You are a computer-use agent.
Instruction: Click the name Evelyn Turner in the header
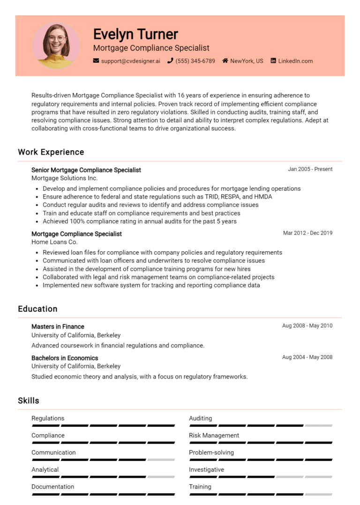pyautogui.click(x=135, y=34)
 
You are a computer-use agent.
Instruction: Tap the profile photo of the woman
pyautogui.click(x=56, y=45)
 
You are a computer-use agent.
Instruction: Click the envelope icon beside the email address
pyautogui.click(x=96, y=61)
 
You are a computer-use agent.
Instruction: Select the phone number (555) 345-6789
pyautogui.click(x=195, y=61)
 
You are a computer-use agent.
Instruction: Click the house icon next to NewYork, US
pyautogui.click(x=225, y=61)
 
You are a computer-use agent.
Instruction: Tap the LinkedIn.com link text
pyautogui.click(x=295, y=61)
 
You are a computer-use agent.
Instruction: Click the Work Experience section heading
pyautogui.click(x=51, y=152)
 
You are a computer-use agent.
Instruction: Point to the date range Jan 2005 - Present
pyautogui.click(x=310, y=169)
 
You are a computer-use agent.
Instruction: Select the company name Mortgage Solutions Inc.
pyautogui.click(x=64, y=178)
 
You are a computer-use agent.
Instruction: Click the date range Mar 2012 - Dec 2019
pyautogui.click(x=307, y=233)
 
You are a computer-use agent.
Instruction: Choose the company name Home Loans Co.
pyautogui.click(x=54, y=242)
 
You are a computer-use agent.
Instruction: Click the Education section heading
pyautogui.click(x=37, y=309)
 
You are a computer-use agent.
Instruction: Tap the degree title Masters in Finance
pyautogui.click(x=58, y=327)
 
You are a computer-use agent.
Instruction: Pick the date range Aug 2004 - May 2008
pyautogui.click(x=307, y=357)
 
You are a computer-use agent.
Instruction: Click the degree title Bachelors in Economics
pyautogui.click(x=65, y=358)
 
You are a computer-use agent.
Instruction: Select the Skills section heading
pyautogui.click(x=29, y=401)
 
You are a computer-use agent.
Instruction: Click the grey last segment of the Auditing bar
pyautogui.click(x=318, y=426)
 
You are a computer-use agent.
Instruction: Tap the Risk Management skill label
pyautogui.click(x=214, y=436)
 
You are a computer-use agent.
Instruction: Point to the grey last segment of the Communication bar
pyautogui.click(x=161, y=460)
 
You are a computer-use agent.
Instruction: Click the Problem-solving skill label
pyautogui.click(x=211, y=453)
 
